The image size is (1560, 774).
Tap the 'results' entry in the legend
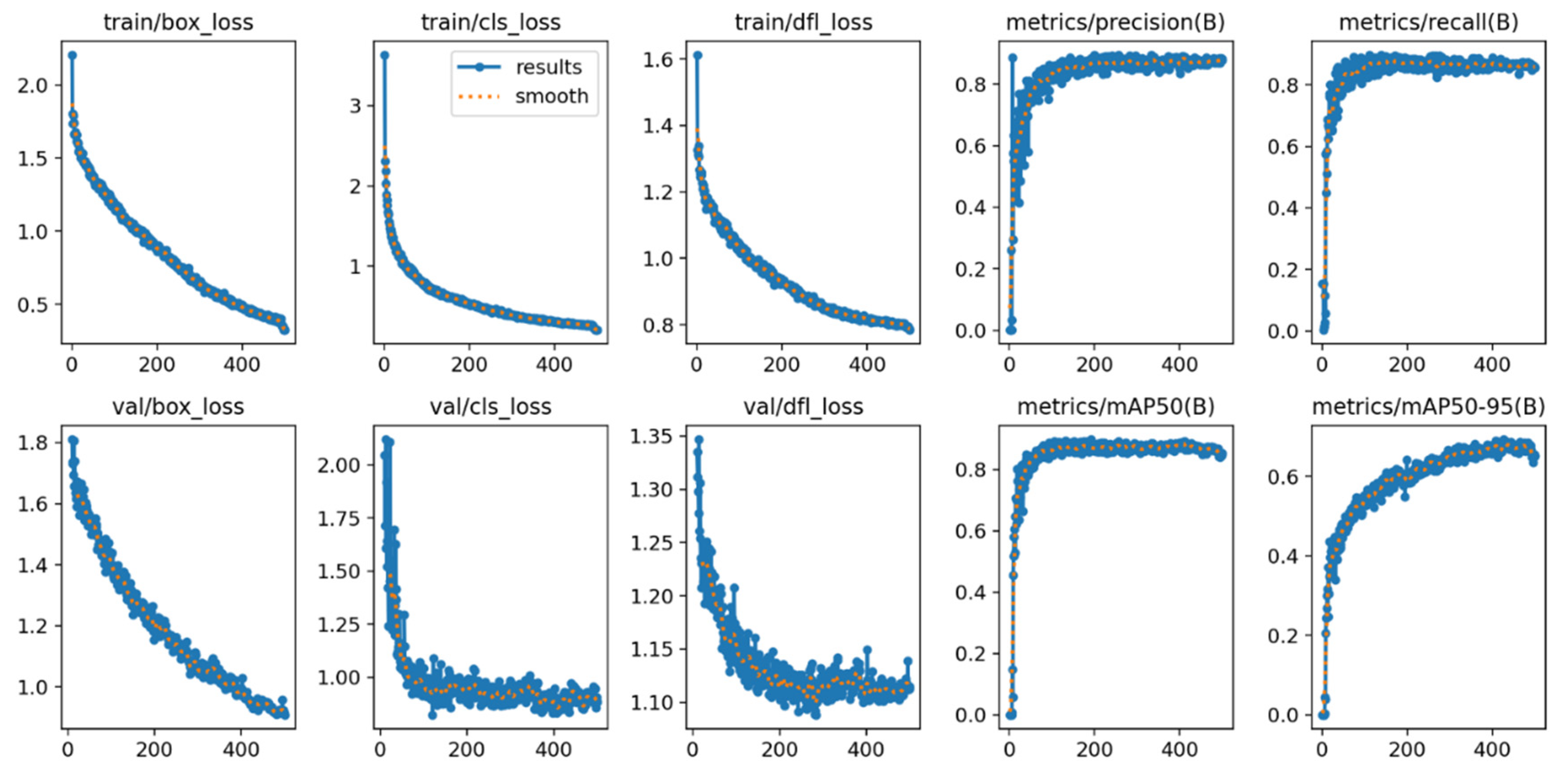(x=548, y=67)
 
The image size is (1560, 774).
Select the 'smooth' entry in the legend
(x=551, y=96)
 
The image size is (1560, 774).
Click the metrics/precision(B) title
(x=1116, y=22)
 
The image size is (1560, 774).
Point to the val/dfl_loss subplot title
(x=803, y=406)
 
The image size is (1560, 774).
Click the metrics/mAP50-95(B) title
(x=1428, y=406)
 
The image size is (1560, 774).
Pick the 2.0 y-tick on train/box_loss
(x=32, y=86)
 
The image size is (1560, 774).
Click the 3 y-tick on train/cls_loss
(x=356, y=106)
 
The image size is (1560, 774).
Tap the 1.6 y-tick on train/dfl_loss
(x=658, y=59)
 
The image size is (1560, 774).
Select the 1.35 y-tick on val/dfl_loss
(x=652, y=436)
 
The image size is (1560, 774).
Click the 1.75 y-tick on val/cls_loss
(x=340, y=518)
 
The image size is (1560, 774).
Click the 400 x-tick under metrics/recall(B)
(x=1491, y=364)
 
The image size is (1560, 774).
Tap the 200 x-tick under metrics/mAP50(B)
(x=1094, y=750)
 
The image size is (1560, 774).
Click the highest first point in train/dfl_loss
(x=697, y=56)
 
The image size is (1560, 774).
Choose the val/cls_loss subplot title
(x=491, y=406)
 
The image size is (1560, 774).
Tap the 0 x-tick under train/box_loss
(x=71, y=364)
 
